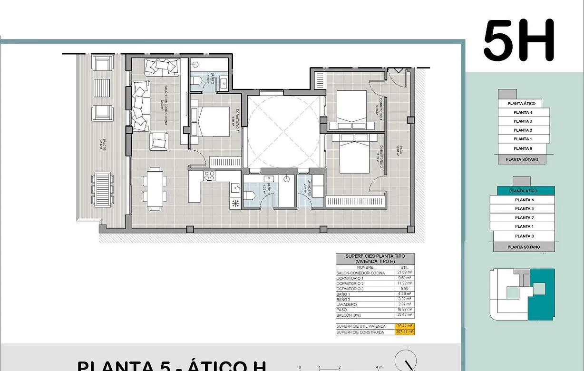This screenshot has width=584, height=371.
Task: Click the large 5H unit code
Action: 519,40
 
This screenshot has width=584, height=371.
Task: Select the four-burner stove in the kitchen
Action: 209,176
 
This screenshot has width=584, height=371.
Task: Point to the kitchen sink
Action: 235,188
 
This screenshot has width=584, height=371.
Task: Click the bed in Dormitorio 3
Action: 212,121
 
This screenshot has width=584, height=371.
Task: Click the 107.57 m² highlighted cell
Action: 404,332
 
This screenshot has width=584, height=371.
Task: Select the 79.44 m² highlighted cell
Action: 404,326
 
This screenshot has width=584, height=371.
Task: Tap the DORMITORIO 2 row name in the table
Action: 350,283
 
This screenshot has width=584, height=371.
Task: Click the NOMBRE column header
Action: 365,267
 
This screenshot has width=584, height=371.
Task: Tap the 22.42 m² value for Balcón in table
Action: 405,315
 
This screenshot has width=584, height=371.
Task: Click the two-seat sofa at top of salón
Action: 162,67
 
